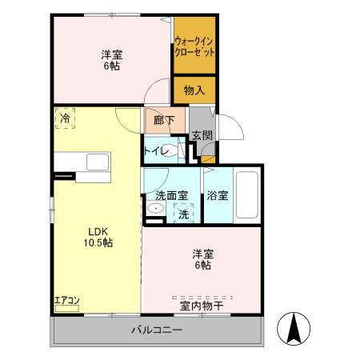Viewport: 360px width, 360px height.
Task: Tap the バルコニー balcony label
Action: [158, 330]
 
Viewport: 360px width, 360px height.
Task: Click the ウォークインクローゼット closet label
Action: [195, 46]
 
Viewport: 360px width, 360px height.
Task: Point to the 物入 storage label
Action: [194, 90]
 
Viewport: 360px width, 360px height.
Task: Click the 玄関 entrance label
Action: [202, 137]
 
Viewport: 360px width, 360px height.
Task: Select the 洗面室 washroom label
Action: [171, 195]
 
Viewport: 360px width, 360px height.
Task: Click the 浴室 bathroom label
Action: [217, 195]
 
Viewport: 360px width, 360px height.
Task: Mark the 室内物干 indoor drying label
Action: [201, 305]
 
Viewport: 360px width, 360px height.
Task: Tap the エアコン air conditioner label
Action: [66, 301]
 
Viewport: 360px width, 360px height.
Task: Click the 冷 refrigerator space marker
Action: [64, 119]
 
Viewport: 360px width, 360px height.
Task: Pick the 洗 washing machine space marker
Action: [183, 214]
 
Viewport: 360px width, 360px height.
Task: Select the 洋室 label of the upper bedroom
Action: [112, 54]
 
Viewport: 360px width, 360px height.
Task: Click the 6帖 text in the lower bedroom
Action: [202, 265]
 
